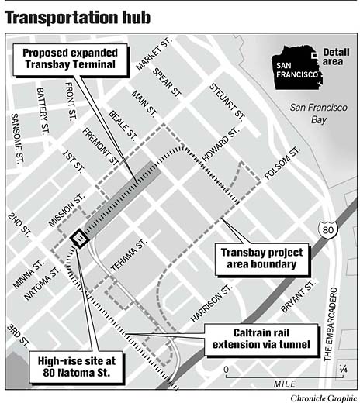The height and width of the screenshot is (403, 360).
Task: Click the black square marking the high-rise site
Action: tap(78, 238)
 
